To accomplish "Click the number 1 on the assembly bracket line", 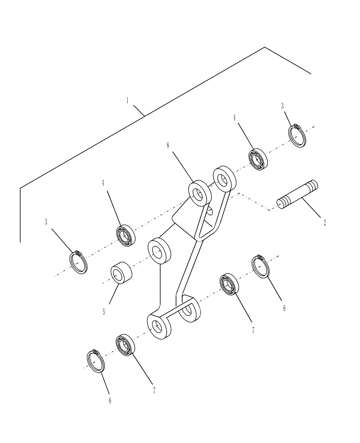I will [127, 101].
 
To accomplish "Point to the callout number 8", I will [168, 146].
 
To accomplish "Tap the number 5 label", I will [104, 312].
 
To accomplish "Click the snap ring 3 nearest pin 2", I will [297, 136].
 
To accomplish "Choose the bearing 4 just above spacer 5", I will [125, 235].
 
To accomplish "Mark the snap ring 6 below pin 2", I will [261, 267].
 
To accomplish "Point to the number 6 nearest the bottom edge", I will [110, 401].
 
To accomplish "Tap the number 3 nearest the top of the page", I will [282, 106].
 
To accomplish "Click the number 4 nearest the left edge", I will [103, 183].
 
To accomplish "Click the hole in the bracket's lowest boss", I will [157, 327].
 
